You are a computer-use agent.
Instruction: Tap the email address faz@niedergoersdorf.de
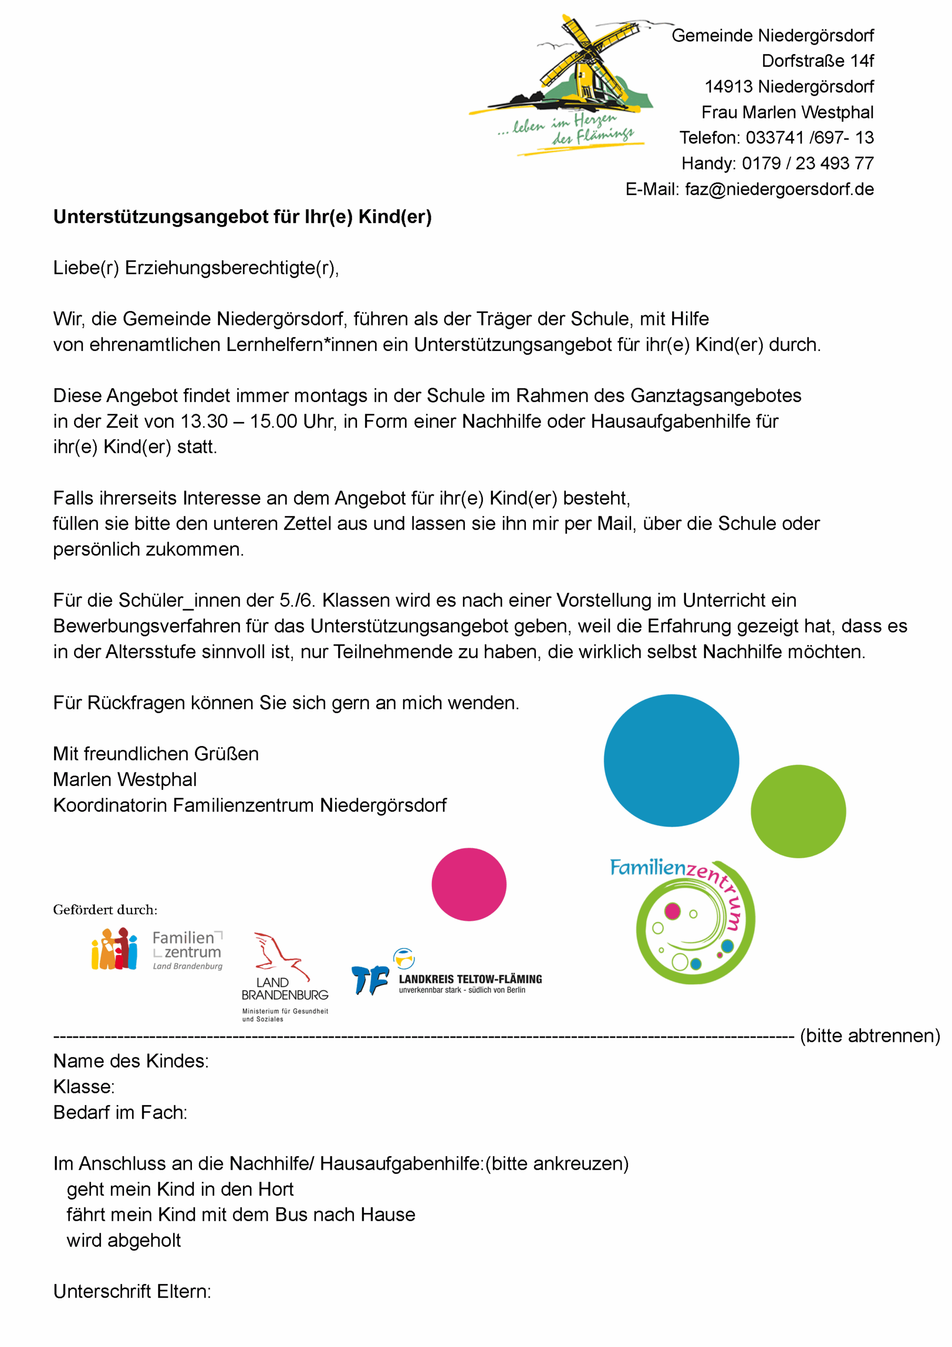coord(779,189)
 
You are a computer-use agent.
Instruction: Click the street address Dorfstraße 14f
coord(817,61)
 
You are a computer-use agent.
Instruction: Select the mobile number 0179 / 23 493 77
coord(807,164)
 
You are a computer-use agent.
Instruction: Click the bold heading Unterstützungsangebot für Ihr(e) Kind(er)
coord(242,217)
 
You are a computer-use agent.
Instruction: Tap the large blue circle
coord(671,761)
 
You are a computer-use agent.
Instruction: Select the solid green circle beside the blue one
coord(798,811)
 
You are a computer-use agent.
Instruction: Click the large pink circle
coord(469,884)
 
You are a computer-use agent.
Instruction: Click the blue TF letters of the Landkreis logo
coord(370,980)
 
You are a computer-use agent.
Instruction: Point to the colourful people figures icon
coord(114,949)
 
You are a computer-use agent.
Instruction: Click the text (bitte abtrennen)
coord(869,1036)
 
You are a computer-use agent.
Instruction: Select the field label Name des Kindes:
coord(131,1061)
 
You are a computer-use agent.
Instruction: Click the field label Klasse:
coord(84,1087)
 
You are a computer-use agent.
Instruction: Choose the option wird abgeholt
coord(124,1240)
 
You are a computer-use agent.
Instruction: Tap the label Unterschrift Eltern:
coord(132,1291)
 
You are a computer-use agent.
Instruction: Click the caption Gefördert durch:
coord(105,910)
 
